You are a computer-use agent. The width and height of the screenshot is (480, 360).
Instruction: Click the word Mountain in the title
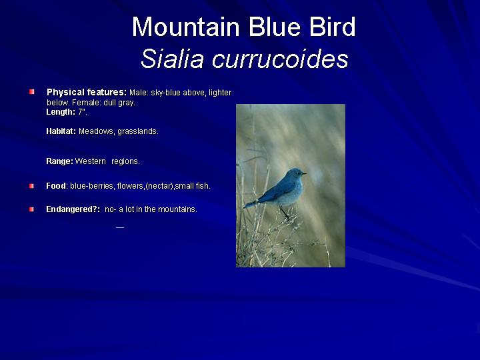click(186, 27)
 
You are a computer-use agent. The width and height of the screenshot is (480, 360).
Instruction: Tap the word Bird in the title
click(332, 27)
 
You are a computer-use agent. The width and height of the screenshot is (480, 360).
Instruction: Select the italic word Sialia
click(172, 58)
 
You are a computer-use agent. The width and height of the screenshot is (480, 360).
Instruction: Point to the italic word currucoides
click(281, 58)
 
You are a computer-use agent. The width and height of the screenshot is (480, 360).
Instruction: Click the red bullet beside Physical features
click(32, 91)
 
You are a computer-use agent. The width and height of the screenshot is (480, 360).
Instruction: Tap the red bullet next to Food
click(31, 186)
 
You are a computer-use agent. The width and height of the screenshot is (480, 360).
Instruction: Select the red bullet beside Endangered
click(31, 209)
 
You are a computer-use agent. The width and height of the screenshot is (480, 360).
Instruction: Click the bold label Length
click(61, 112)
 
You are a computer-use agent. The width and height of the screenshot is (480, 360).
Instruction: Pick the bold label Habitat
click(61, 131)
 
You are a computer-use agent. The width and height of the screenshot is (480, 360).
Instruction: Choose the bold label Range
click(59, 161)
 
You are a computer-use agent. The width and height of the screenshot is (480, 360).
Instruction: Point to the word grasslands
click(138, 131)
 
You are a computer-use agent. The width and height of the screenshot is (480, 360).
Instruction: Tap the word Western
click(90, 161)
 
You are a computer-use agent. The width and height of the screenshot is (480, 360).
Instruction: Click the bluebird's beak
click(304, 173)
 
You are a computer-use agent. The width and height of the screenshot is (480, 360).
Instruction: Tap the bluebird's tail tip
click(245, 206)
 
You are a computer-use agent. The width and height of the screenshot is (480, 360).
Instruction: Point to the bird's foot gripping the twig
click(287, 217)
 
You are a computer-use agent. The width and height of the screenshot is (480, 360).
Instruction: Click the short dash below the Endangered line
click(120, 227)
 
